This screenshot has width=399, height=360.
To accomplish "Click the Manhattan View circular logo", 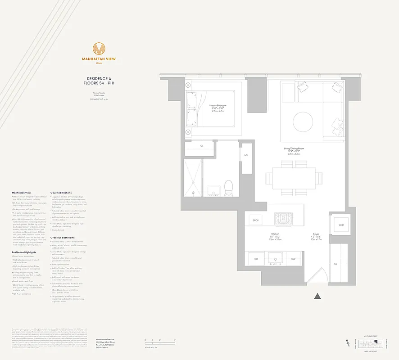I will [99, 49].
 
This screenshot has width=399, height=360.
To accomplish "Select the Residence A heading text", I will [99, 78].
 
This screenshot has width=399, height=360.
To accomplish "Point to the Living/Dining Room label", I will [294, 149].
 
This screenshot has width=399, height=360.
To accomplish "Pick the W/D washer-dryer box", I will [340, 225].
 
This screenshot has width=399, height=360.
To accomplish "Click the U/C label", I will [246, 155].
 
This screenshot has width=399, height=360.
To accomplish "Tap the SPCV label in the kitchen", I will [256, 220].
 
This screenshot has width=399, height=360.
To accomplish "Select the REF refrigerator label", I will [256, 259].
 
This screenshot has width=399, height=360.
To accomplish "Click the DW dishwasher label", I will [293, 259].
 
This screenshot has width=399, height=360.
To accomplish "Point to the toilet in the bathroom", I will [228, 187].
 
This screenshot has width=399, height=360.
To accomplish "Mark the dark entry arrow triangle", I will [317, 296].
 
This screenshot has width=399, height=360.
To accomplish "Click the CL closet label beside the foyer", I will [336, 264].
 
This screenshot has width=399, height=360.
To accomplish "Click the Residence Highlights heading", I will [24, 252].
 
